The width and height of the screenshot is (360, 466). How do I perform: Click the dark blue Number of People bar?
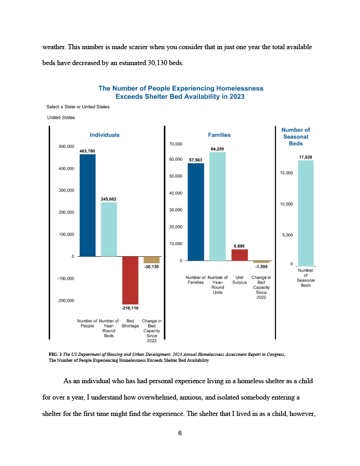87,205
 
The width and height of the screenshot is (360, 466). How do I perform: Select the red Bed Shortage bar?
130,280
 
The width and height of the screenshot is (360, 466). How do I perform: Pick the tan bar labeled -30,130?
152,259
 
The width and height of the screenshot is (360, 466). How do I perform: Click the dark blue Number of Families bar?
196,212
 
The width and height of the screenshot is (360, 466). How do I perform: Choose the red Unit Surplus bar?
239,255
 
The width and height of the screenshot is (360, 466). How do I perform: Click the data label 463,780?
87,150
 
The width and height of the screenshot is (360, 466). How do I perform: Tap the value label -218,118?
130,308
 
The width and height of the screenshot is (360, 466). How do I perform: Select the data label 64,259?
217,149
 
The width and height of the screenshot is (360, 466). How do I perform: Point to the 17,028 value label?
305,157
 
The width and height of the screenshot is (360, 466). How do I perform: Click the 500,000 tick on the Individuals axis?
66,147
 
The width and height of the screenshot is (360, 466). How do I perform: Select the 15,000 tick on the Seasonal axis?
286,173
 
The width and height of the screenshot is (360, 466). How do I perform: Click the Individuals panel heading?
105,135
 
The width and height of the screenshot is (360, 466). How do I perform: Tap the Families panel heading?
219,135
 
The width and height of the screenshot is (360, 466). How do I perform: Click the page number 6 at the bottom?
180,433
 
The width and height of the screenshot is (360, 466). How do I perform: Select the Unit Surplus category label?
239,280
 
